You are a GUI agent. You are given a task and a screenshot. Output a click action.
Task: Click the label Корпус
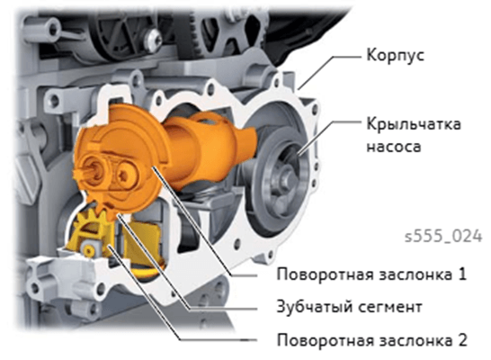395,56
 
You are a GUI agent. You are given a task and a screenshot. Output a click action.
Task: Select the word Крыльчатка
414,124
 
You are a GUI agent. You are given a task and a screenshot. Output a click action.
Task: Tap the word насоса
394,147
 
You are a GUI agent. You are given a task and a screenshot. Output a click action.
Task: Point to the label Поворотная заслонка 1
371,274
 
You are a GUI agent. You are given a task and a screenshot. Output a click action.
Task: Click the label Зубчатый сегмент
349,307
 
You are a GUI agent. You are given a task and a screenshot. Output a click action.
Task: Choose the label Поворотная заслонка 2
372,340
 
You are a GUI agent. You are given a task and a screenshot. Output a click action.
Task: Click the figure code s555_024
443,236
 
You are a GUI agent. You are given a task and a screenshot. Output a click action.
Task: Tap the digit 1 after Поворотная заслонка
462,274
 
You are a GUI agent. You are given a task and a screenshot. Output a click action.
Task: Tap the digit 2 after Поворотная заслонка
462,339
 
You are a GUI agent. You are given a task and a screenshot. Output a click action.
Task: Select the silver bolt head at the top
154,40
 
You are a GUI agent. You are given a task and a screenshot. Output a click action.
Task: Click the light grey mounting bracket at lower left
63,275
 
